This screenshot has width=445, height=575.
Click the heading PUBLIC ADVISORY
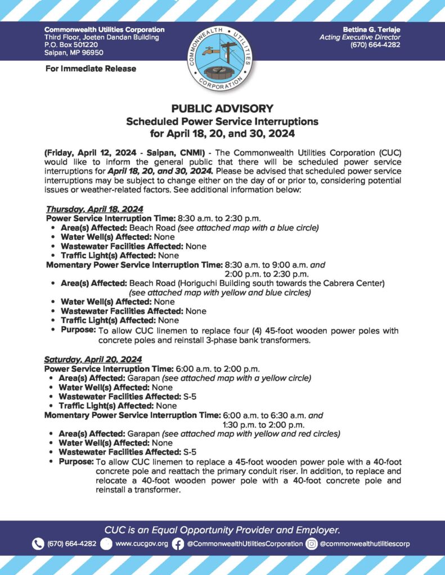point(222,109)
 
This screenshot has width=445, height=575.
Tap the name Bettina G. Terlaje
point(371,29)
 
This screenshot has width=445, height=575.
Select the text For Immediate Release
point(90,69)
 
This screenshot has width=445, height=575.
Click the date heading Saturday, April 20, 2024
point(93,359)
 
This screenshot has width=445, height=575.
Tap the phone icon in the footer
point(38,544)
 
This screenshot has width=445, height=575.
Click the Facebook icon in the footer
point(178,544)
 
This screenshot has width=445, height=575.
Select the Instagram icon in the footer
point(312,544)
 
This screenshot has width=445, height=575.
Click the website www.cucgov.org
point(141,544)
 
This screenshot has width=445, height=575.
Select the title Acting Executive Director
point(359,37)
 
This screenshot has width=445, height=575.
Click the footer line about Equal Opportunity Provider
point(222,530)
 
